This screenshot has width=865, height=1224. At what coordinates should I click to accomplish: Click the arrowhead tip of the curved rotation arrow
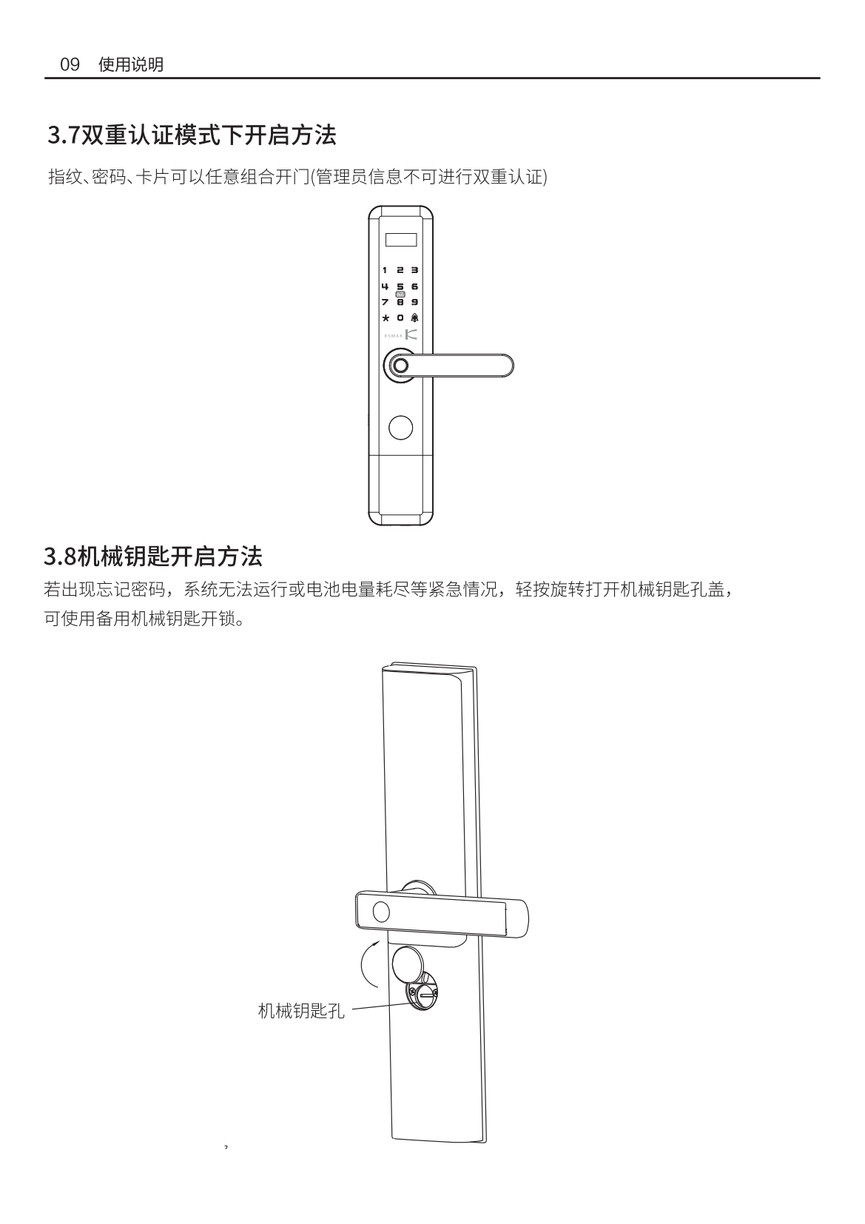(379, 941)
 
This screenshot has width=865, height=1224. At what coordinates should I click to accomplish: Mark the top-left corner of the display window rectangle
(386, 233)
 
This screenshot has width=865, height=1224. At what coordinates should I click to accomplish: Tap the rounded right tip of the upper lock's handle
(513, 366)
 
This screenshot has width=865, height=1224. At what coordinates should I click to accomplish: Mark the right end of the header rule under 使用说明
(820, 78)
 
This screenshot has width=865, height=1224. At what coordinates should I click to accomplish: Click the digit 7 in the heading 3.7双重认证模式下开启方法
(74, 135)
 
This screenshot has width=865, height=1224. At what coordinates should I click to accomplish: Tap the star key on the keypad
(386, 317)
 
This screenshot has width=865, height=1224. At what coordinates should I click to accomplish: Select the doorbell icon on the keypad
(414, 317)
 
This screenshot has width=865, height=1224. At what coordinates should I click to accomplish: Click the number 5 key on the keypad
(400, 286)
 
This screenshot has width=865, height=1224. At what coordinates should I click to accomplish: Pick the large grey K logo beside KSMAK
(411, 334)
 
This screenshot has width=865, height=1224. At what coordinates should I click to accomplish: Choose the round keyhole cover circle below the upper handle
(400, 428)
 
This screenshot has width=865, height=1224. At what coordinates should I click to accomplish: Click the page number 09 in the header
(70, 64)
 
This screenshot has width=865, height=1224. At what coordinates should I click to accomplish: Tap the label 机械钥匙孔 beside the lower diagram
(301, 1011)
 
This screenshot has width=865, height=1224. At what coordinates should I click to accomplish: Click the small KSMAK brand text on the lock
(393, 335)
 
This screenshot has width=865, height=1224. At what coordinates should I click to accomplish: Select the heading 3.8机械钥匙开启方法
(153, 556)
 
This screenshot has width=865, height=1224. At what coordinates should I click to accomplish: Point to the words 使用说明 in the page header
(130, 64)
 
